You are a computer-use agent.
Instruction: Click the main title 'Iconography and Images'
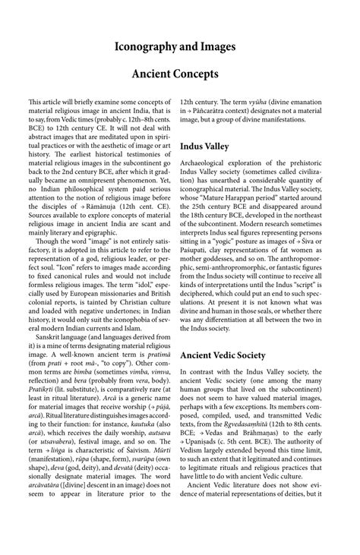[x=180, y=47]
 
